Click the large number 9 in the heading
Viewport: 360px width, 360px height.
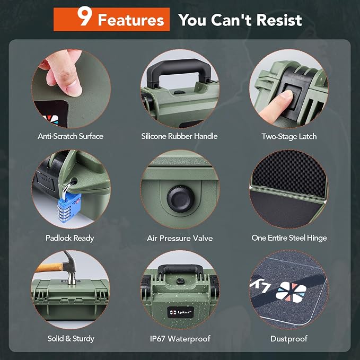(x=85, y=16)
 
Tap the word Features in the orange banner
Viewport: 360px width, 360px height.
(x=131, y=20)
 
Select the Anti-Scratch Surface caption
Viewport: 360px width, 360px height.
(x=71, y=136)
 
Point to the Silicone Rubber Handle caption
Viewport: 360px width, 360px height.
(x=179, y=136)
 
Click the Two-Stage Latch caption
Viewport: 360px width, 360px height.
(x=289, y=136)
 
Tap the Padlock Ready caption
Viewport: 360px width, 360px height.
(x=70, y=238)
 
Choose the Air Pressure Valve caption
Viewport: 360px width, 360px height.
(x=180, y=238)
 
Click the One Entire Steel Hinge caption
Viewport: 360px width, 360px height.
(x=289, y=238)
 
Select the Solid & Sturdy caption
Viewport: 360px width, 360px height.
(x=71, y=339)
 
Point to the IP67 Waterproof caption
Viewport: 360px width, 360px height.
(x=180, y=339)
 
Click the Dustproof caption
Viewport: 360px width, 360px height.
(x=289, y=339)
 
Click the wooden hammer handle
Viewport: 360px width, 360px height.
(x=49, y=267)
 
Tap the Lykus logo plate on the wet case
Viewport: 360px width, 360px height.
(x=180, y=312)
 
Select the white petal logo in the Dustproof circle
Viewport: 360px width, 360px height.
(x=291, y=292)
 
